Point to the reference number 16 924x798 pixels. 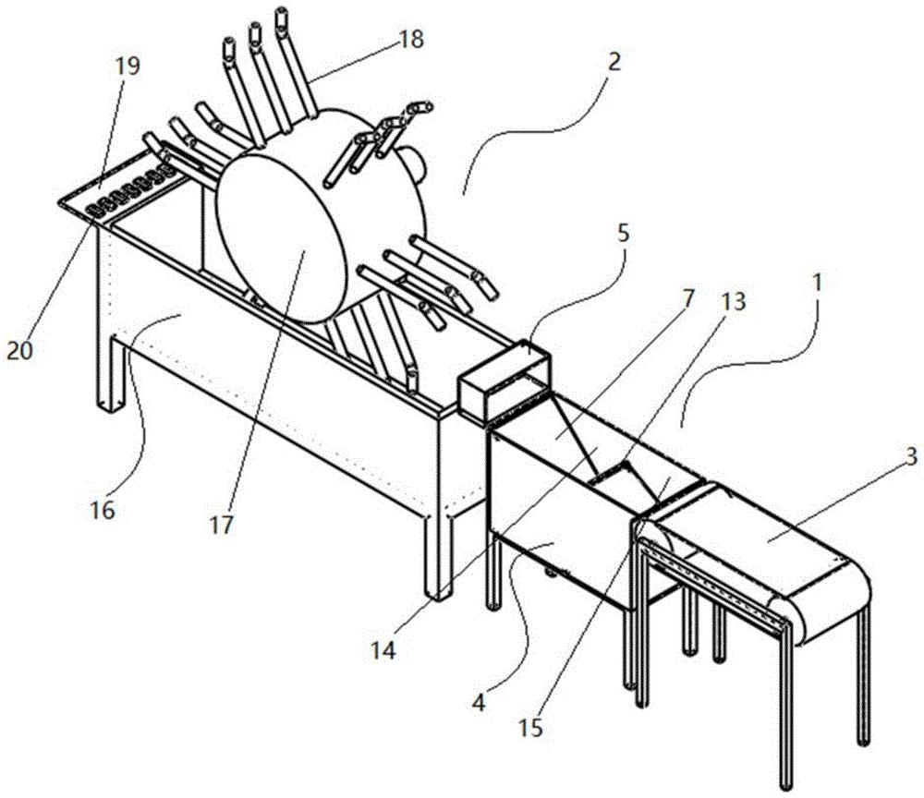tap(103, 509)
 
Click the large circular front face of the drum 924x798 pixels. tap(277, 240)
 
